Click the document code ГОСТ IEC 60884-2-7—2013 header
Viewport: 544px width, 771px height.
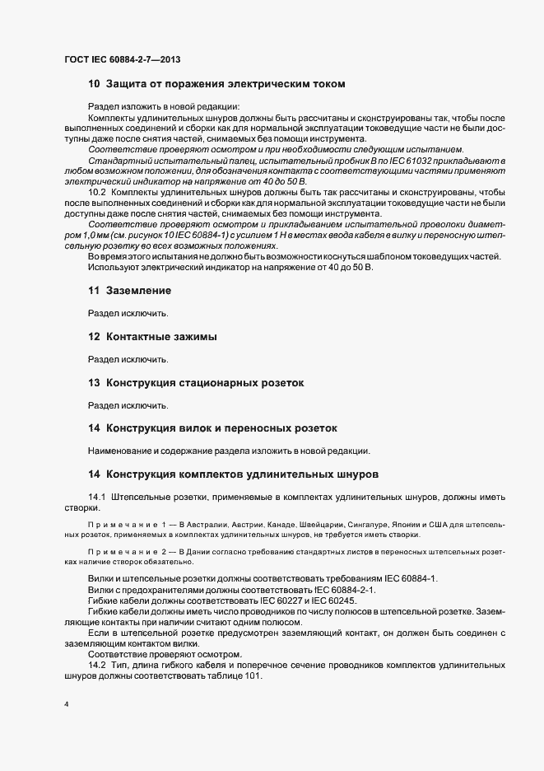pyautogui.click(x=122, y=60)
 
